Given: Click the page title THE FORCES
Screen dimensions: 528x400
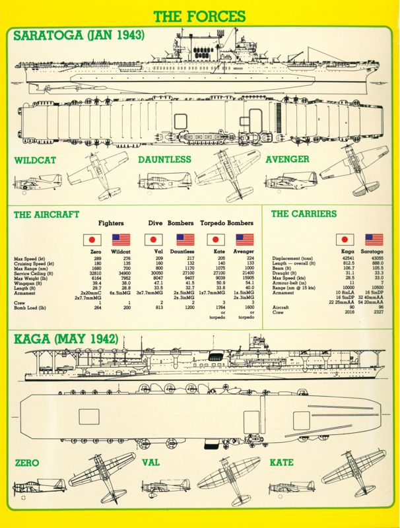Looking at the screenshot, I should [x=199, y=16].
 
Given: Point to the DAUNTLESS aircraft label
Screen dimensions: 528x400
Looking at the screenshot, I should [x=164, y=160].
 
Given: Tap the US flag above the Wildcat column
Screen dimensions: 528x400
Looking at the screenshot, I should [x=121, y=240].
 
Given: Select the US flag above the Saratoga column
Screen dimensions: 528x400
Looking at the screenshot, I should [x=375, y=240].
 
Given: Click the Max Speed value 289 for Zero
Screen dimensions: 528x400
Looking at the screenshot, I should [x=97, y=258].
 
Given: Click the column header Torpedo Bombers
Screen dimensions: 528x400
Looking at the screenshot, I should [x=227, y=224].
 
